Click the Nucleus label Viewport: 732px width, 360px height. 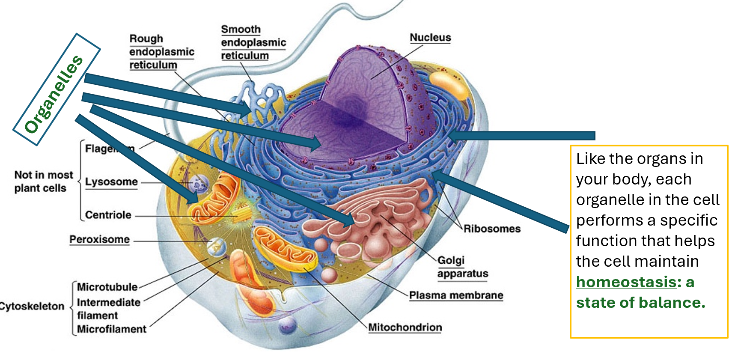430,38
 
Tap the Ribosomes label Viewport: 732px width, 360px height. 492,229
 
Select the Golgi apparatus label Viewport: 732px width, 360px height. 462,267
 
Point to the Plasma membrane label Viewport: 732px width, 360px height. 456,295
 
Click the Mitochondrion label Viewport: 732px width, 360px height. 405,327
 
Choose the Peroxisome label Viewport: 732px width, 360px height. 99,239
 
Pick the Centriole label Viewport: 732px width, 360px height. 108,215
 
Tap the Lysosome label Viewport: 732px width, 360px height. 111,182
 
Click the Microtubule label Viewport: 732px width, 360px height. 107,287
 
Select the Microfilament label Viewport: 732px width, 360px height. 112,329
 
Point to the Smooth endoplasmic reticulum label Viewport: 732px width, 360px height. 253,42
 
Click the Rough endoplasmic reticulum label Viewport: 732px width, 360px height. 161,52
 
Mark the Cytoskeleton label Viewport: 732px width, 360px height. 32,306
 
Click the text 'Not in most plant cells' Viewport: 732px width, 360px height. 43,181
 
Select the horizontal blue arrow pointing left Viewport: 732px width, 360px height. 522,136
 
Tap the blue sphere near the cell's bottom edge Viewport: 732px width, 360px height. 287,326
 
